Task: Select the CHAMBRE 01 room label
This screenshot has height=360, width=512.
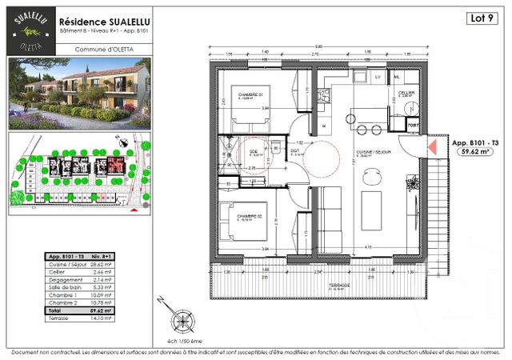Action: point(251,94)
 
